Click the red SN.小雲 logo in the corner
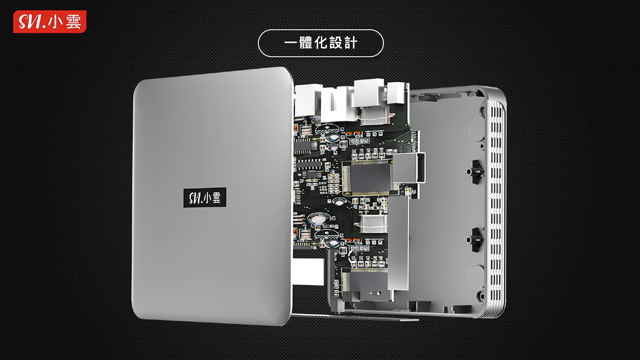pyautogui.click(x=50, y=22)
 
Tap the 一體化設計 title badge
pyautogui.click(x=321, y=43)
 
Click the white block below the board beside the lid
pyautogui.click(x=308, y=272)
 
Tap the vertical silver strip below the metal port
pyautogui.click(x=399, y=235)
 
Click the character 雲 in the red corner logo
pyautogui.click(x=73, y=22)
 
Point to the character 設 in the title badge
pyautogui.click(x=334, y=43)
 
